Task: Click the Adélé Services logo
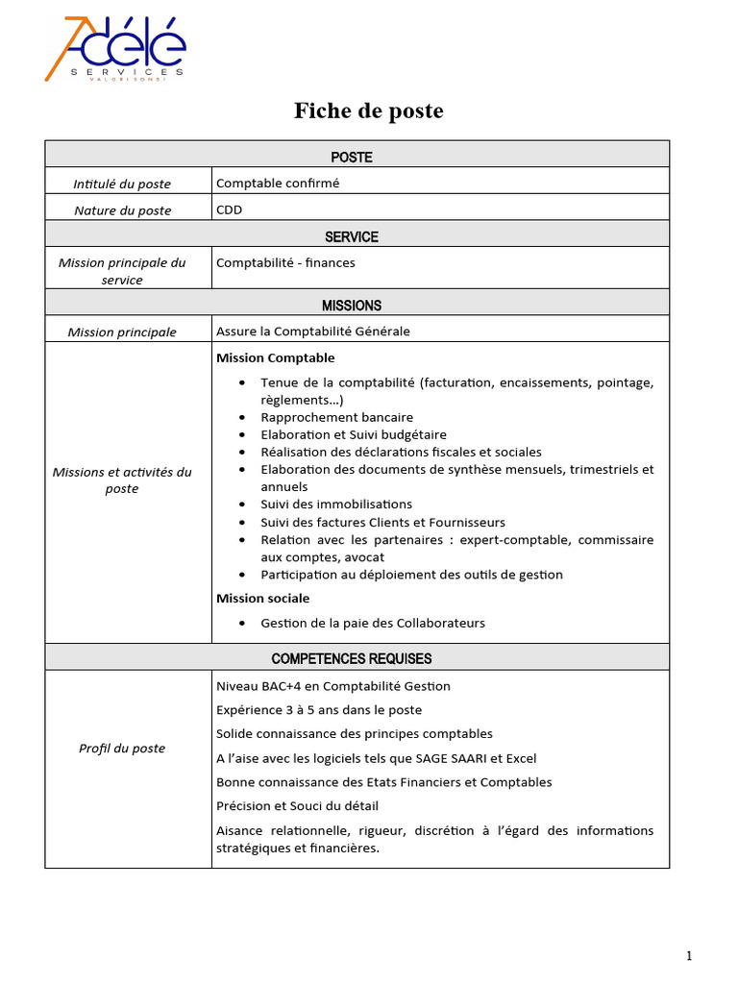[115, 49]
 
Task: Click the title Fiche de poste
[368, 111]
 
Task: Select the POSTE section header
[352, 157]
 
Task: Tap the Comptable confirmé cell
[278, 183]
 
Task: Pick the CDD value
[230, 209]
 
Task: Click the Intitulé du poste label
[123, 184]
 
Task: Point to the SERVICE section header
[352, 236]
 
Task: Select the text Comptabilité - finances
[285, 262]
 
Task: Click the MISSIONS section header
[352, 306]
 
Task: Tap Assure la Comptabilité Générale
[313, 332]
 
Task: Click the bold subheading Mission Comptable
[262, 357]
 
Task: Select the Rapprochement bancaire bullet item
[336, 417]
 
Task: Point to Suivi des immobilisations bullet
[336, 504]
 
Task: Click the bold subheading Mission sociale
[263, 599]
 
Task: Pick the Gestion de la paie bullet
[373, 623]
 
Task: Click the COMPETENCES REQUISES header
[352, 659]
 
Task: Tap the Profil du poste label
[122, 749]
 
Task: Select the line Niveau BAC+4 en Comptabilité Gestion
[333, 686]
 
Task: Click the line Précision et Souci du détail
[304, 806]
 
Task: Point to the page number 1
[689, 955]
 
